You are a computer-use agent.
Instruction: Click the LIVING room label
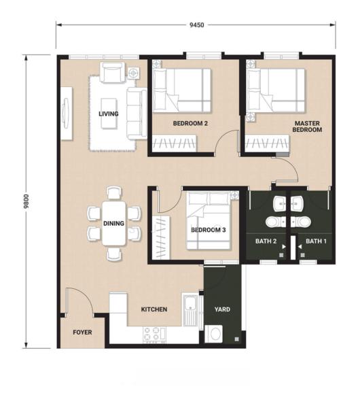pos(109,114)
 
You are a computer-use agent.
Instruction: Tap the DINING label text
pos(113,222)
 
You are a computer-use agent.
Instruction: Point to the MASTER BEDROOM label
pos(306,126)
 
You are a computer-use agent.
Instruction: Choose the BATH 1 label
pos(316,241)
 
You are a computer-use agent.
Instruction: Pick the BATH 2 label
pos(266,241)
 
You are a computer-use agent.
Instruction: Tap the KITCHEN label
pos(154,309)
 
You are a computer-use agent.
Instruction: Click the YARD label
pos(221,309)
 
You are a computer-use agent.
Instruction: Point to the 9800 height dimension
pos(26,201)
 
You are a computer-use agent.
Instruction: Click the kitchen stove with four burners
pos(154,333)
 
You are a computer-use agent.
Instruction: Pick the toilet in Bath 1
pos(303,222)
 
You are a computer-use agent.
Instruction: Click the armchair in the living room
pos(112,72)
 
